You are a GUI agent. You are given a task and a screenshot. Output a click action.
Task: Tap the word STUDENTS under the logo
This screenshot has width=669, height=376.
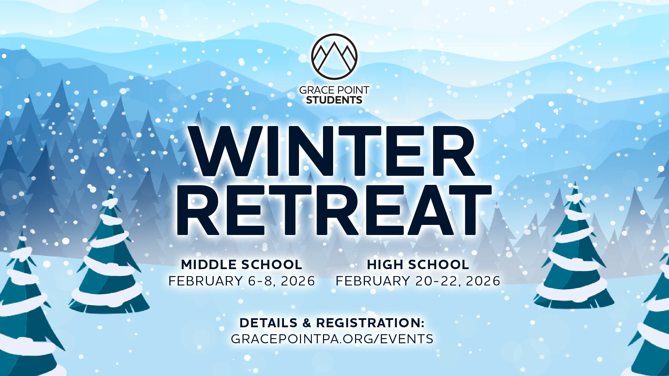(x=334, y=100)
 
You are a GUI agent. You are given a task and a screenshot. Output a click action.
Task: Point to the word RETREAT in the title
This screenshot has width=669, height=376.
(x=334, y=210)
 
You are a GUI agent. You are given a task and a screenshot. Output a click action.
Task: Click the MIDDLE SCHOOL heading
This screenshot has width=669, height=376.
(x=241, y=265)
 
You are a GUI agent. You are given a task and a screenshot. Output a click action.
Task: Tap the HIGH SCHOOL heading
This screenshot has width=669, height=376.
(x=418, y=265)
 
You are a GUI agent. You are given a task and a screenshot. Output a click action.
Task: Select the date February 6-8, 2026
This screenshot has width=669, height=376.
(x=242, y=281)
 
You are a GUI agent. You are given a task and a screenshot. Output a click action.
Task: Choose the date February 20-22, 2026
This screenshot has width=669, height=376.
(x=418, y=281)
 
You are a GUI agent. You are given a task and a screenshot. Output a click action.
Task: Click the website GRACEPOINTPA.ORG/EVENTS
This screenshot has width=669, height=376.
(x=332, y=339)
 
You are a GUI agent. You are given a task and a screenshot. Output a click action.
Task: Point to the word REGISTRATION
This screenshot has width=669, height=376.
(x=370, y=323)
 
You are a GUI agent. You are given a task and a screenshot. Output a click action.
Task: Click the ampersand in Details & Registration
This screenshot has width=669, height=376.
(x=307, y=323)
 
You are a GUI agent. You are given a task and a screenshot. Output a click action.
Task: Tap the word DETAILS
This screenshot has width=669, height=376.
(x=268, y=323)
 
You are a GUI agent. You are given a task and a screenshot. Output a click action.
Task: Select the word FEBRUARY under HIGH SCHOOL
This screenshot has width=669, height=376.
(x=373, y=281)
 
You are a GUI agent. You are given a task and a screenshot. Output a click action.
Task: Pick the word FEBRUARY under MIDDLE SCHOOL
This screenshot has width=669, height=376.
(x=206, y=281)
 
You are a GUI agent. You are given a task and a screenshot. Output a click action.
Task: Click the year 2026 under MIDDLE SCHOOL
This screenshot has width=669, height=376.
(x=298, y=281)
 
